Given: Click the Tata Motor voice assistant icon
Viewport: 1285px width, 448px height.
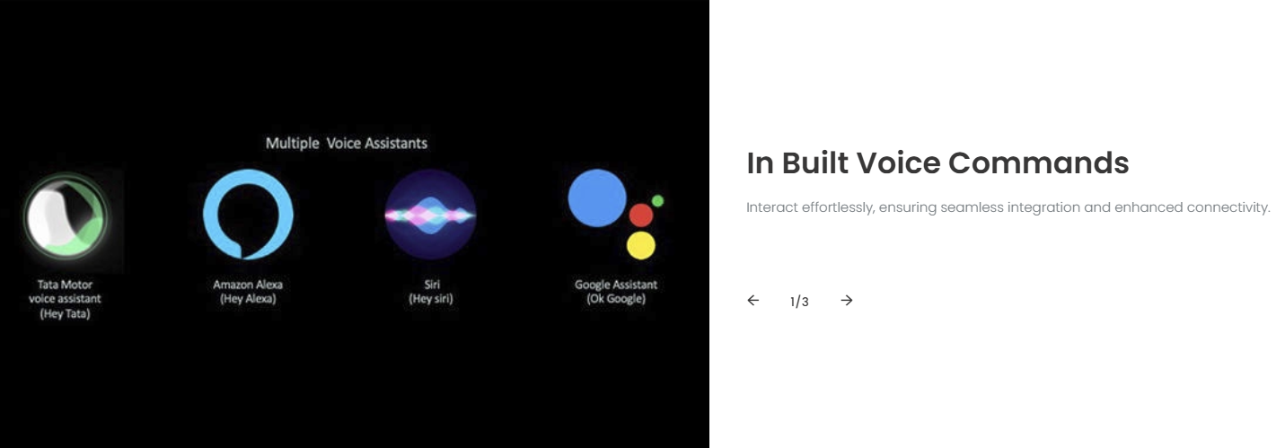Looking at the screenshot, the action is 66,217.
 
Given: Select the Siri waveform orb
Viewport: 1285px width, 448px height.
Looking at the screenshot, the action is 430,215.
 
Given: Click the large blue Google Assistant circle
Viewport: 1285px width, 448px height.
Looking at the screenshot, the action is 596,198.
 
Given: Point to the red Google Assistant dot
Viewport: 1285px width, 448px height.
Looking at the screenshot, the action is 641,215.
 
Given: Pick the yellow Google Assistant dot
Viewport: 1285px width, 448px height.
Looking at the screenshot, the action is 641,245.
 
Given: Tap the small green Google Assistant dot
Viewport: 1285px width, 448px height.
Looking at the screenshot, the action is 658,201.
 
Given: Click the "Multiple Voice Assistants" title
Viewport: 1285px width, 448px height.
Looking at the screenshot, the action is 347,143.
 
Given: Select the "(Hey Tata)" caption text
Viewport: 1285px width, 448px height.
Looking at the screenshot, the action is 65,313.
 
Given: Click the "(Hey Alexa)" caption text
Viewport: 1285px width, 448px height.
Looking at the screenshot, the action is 248,299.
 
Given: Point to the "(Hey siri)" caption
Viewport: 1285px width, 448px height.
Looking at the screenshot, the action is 431,299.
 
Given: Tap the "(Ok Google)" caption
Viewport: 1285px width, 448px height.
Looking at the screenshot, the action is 616,299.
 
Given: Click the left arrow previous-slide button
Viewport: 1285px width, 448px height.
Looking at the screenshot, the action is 753,300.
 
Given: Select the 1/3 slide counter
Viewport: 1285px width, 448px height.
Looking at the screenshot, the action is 799,302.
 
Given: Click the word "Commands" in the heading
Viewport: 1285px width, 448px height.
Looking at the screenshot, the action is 1038,163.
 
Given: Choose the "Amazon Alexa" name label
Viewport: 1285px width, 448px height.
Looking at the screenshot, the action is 248,285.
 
